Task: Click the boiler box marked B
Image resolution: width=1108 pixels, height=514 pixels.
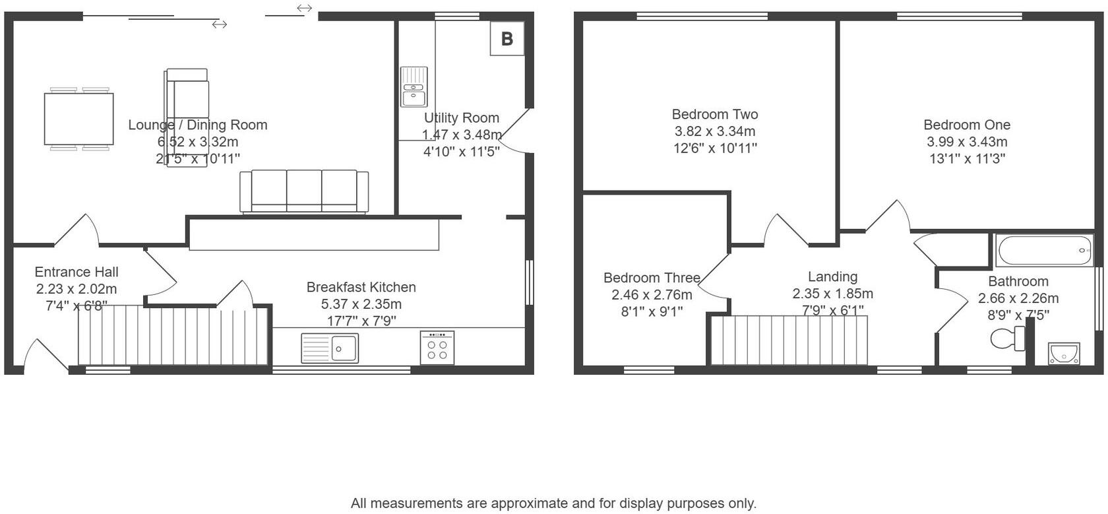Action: [x=507, y=39]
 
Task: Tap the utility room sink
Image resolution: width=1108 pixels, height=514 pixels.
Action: [x=414, y=87]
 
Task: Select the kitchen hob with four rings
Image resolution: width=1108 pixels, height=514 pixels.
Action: [x=437, y=348]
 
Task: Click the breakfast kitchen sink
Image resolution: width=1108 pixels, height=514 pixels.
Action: [x=330, y=348]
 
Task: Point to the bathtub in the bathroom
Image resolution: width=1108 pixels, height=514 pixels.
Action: [x=1045, y=251]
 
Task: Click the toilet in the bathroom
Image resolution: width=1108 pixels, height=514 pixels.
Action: [x=1008, y=339]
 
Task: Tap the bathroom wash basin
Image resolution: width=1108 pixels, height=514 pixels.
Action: [x=1064, y=354]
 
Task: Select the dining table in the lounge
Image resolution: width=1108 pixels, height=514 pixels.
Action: [x=79, y=119]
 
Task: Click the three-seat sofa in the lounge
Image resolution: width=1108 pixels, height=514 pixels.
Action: [x=304, y=191]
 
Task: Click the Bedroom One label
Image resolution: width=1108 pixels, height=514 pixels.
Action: [x=966, y=125]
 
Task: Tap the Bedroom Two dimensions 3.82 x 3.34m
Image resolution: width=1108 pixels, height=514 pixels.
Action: [x=714, y=131]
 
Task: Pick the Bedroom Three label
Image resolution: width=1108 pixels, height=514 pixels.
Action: [x=651, y=278]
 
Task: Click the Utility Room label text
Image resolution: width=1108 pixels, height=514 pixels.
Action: [x=461, y=118]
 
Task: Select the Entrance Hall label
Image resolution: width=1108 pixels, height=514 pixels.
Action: [x=77, y=272]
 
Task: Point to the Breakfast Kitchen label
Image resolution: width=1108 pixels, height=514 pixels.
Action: [x=361, y=287]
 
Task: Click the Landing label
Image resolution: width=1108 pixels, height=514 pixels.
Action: [x=832, y=277]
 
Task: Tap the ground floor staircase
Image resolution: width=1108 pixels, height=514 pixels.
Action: [x=173, y=335]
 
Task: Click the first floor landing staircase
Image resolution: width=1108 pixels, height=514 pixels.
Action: [x=789, y=340]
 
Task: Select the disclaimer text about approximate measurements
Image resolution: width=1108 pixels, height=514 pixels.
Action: [x=553, y=503]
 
